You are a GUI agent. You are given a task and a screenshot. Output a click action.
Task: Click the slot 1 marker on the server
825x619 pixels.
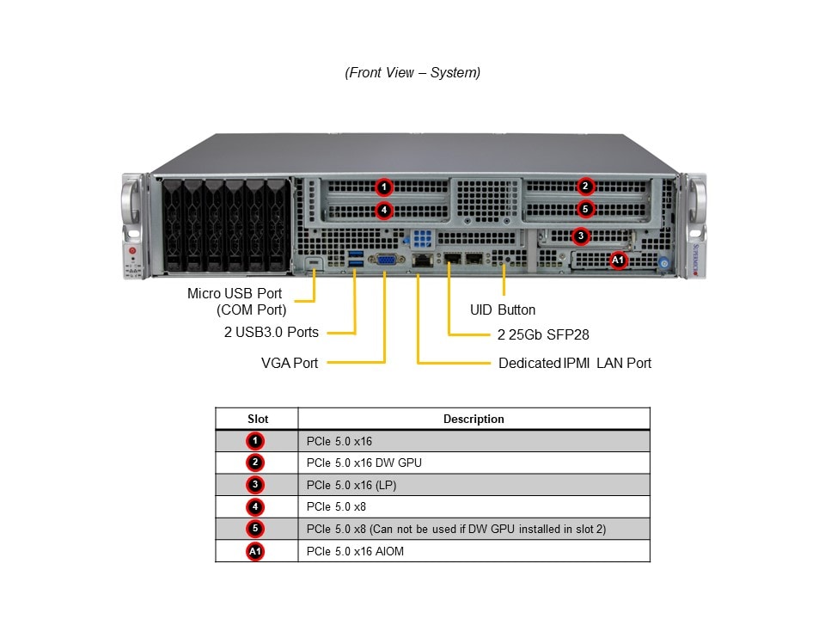tap(384, 187)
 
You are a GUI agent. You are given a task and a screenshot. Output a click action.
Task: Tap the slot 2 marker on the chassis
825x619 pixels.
tap(585, 187)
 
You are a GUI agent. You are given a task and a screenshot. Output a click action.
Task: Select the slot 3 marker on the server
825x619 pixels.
tap(581, 236)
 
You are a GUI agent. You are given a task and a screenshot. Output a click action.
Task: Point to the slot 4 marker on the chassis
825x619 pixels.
tap(384, 209)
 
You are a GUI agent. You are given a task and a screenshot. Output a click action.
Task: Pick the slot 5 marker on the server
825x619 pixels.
tap(585, 209)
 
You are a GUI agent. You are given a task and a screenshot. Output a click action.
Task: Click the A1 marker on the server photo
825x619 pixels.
tap(618, 260)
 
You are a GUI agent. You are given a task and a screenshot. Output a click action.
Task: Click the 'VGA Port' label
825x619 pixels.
tap(290, 363)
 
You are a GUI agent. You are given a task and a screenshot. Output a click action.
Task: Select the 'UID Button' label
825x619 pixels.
tap(503, 309)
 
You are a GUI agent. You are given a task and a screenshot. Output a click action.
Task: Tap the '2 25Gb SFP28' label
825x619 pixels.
tap(543, 334)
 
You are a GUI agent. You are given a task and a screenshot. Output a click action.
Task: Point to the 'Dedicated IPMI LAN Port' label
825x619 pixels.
tap(575, 363)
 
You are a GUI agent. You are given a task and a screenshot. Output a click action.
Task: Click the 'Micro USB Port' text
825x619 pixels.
tap(235, 293)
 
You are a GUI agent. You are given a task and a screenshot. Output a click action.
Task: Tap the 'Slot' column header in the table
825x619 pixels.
tap(258, 419)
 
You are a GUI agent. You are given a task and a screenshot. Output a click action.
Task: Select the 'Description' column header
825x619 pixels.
tap(474, 419)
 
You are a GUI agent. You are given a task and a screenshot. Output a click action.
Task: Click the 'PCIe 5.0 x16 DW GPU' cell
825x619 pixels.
tap(364, 463)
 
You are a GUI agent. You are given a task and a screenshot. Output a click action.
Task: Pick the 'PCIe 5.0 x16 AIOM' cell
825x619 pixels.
tap(355, 551)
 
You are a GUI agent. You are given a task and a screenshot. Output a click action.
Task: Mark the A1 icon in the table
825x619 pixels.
tap(255, 551)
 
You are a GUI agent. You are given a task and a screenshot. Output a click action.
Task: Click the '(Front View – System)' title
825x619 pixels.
tap(412, 73)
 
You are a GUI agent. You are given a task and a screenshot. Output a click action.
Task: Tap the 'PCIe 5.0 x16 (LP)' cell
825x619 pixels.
tap(351, 485)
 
